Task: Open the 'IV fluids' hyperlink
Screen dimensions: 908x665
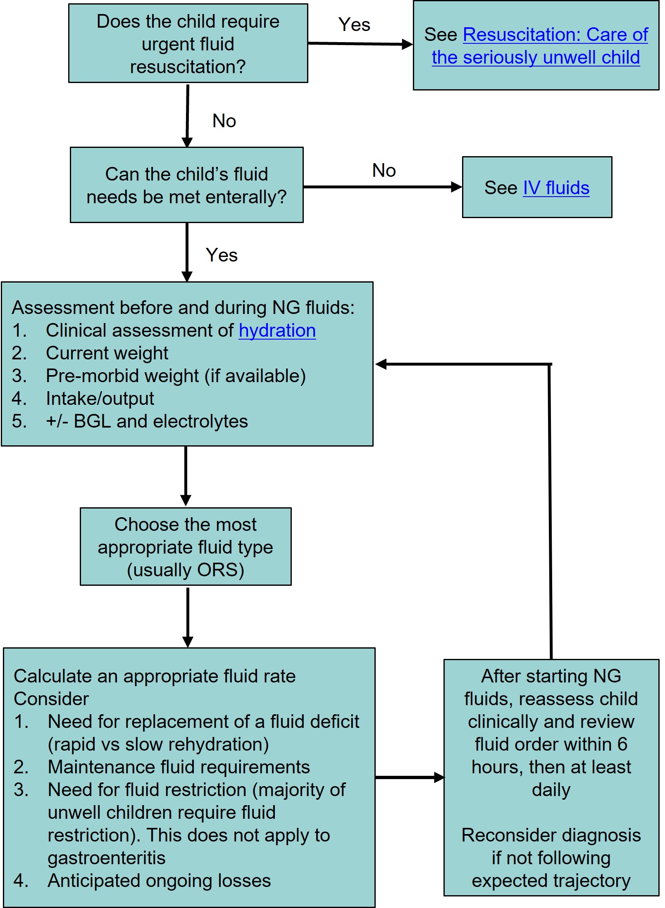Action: (x=556, y=188)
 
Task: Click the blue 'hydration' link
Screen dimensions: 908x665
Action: (x=277, y=331)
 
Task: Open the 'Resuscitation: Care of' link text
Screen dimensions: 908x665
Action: (x=555, y=35)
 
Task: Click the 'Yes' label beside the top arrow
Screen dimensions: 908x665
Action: (x=354, y=25)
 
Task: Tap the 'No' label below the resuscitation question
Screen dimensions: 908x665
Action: (x=224, y=121)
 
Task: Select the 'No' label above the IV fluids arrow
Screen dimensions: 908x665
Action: (x=384, y=171)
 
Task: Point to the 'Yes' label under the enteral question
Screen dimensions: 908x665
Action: (x=222, y=255)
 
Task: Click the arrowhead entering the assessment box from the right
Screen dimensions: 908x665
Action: (x=381, y=364)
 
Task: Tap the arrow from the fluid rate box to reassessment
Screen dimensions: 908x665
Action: (x=409, y=778)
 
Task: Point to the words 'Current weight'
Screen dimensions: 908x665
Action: (x=107, y=354)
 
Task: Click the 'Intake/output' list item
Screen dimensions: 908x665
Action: (x=100, y=399)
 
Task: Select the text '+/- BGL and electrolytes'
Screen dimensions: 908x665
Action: (x=147, y=422)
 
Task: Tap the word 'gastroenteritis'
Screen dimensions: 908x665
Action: (x=107, y=858)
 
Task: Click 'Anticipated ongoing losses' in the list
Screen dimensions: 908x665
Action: (x=159, y=881)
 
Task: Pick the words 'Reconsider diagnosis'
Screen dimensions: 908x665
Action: (x=551, y=835)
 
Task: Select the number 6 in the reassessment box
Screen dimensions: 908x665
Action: (x=622, y=744)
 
